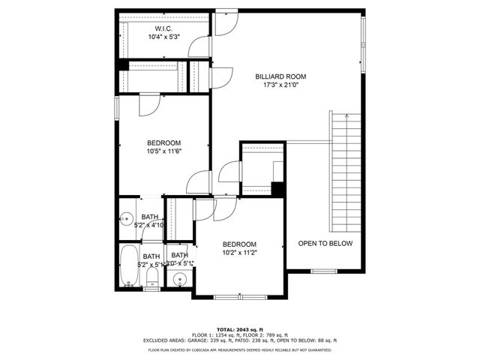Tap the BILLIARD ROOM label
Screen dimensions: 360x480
280,76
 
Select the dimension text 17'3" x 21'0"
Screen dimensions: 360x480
280,85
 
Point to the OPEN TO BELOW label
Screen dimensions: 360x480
325,244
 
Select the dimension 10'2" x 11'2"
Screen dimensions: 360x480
239,253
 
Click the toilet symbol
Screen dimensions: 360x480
152,280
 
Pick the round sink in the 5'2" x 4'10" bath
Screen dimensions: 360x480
125,219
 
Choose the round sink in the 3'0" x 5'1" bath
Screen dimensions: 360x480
178,280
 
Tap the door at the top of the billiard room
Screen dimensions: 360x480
225,22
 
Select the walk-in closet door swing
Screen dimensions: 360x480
197,47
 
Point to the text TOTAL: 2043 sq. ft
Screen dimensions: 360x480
239,329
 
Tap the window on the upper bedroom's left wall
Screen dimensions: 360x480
116,106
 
